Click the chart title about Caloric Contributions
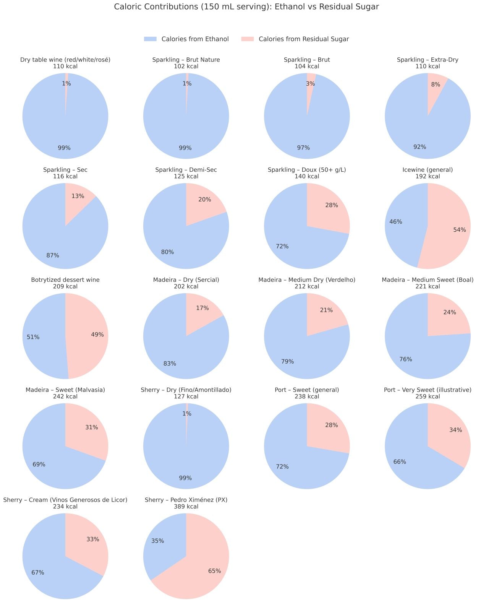pos(246,6)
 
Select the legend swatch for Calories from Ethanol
pos(150,39)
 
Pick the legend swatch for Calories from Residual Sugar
pos(248,39)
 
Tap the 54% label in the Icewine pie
pos(460,230)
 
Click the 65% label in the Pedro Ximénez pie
pos(214,571)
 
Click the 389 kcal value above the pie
pos(186,507)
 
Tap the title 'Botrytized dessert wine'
pos(65,280)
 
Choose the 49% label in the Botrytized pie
pos(97,335)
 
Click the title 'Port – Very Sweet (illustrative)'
pos(427,390)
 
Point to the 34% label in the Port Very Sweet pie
pos(455,430)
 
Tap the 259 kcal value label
pos(427,396)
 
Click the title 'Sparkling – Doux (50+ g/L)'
pos(307,170)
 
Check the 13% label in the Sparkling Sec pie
pos(78,196)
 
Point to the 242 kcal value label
pos(65,396)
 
